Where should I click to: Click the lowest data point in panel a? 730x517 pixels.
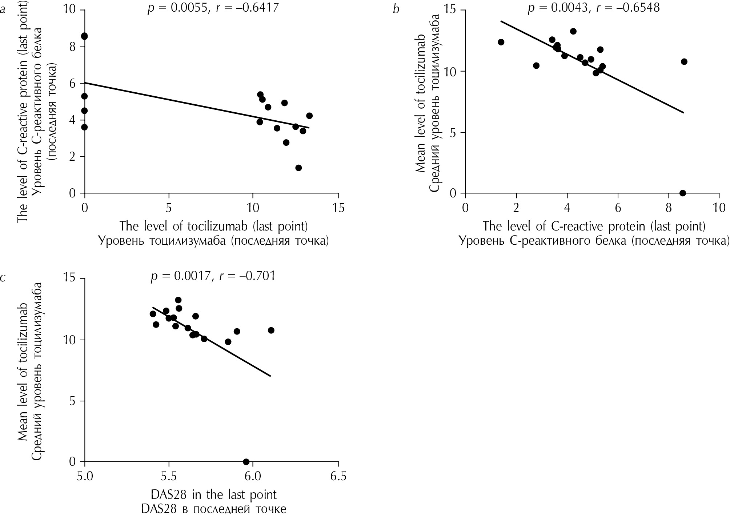(x=298, y=168)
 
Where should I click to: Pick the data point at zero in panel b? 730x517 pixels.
(x=682, y=193)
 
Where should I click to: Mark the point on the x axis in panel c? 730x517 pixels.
(x=246, y=462)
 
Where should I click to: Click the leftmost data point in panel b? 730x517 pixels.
(x=501, y=42)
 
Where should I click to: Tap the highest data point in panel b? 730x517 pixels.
(x=573, y=31)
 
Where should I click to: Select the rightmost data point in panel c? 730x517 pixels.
(x=271, y=330)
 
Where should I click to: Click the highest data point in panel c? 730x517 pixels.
(x=178, y=300)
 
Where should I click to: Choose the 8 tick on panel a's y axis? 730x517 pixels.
(x=72, y=47)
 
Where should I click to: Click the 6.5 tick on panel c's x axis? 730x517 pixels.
(x=338, y=476)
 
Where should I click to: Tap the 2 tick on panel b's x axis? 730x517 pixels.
(x=516, y=208)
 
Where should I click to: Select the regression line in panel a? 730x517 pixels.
(x=196, y=105)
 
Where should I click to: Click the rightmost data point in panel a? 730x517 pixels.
(x=309, y=116)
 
